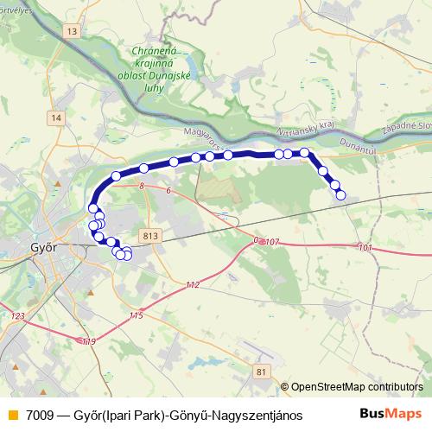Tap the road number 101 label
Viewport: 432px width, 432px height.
coord(365,248)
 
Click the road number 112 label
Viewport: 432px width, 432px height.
coord(192,285)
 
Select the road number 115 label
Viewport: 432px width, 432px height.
coord(136,316)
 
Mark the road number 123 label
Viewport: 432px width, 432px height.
coord(18,317)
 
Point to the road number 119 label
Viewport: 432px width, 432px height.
coord(89,343)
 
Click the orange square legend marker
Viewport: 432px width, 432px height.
coord(11,415)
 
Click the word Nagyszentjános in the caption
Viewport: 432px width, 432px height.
coord(259,415)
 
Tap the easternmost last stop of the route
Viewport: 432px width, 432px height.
coord(340,195)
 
